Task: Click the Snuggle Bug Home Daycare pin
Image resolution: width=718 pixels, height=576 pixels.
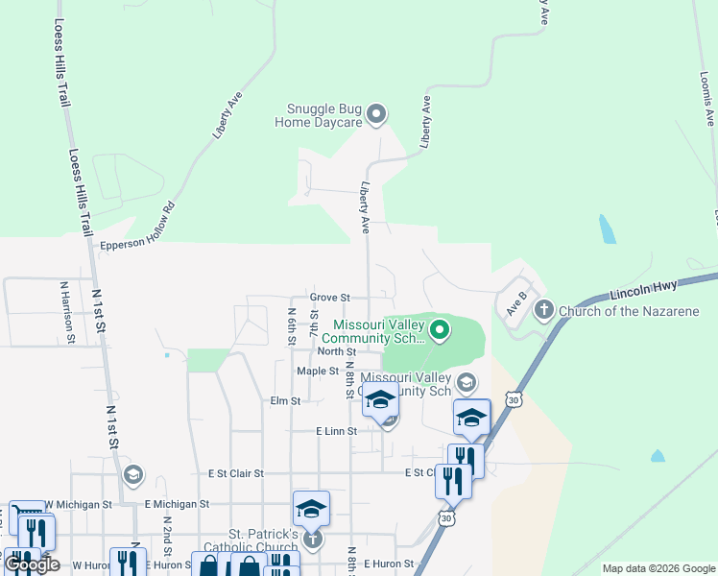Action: [x=376, y=115]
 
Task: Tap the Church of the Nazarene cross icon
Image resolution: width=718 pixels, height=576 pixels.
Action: [x=544, y=310]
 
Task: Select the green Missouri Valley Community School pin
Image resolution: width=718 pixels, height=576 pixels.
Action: [x=440, y=331]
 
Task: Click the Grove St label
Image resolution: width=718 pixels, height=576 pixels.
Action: [x=330, y=298]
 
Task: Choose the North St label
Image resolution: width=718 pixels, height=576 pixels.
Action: [x=323, y=351]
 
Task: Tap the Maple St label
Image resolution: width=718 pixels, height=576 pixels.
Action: [x=318, y=371]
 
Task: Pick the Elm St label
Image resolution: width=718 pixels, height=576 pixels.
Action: [x=286, y=400]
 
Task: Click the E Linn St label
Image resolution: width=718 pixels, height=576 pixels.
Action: [x=336, y=432]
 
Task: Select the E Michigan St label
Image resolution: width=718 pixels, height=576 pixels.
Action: [x=177, y=503]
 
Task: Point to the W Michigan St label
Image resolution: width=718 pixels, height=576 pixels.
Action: [x=79, y=503]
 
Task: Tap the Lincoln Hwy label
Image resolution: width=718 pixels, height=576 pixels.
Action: [x=643, y=287]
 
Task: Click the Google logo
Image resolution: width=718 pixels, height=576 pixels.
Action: [x=33, y=564]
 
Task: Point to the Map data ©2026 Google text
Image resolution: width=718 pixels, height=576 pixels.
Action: [x=658, y=568]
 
